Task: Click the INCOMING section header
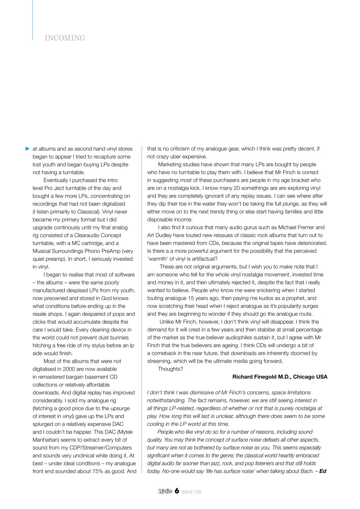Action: pyautogui.click(x=65, y=38)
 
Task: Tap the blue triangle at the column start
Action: pyautogui.click(x=27, y=149)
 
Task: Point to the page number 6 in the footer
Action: pyautogui.click(x=177, y=492)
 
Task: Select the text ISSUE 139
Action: pyautogui.click(x=191, y=492)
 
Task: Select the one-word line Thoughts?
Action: pyautogui.click(x=171, y=369)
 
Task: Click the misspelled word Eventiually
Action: pyautogui.click(x=57, y=180)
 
